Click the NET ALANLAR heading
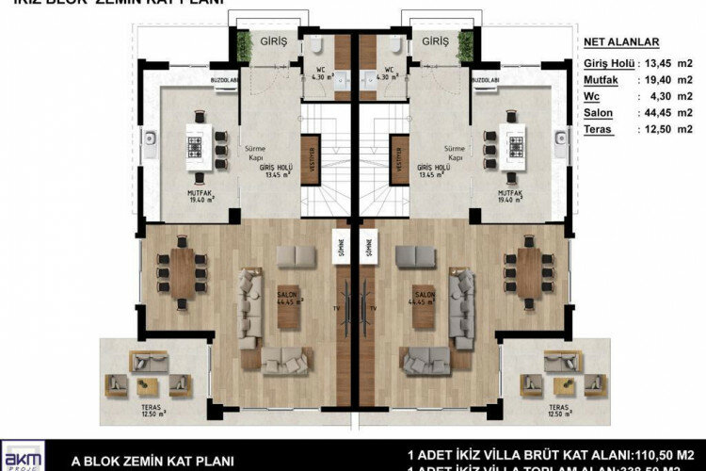(x=621, y=42)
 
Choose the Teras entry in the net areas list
(x=601, y=128)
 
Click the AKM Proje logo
(x=22, y=456)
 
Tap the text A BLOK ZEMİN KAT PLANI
(x=152, y=462)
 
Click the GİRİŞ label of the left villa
(x=273, y=42)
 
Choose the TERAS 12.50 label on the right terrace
(x=561, y=412)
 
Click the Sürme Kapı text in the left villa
(x=254, y=153)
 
